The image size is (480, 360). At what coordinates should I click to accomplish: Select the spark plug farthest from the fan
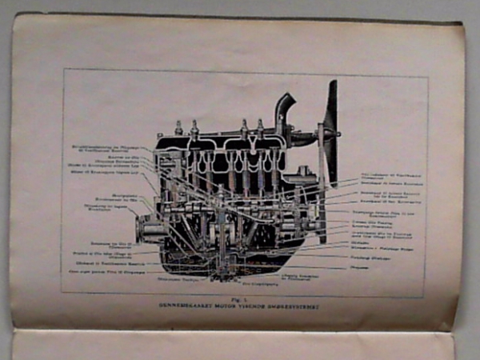(x=179, y=128)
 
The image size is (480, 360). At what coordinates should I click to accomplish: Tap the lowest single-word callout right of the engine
(x=370, y=268)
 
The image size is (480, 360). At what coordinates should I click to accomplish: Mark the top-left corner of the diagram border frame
(x=63, y=70)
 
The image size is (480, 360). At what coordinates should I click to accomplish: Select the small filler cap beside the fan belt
(x=305, y=170)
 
